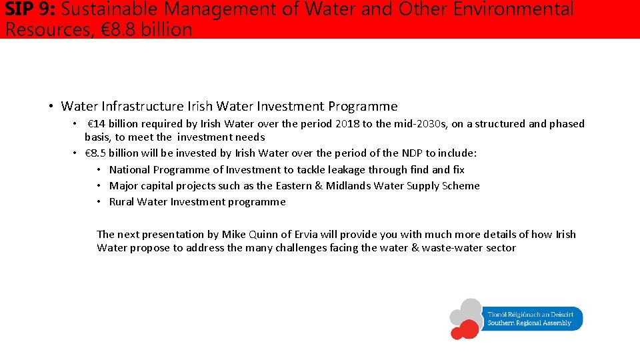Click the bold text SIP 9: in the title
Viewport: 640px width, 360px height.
coord(31,10)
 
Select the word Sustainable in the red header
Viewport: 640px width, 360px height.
coord(108,10)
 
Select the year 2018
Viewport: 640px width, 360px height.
coord(347,124)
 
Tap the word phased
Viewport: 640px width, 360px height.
coord(566,124)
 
